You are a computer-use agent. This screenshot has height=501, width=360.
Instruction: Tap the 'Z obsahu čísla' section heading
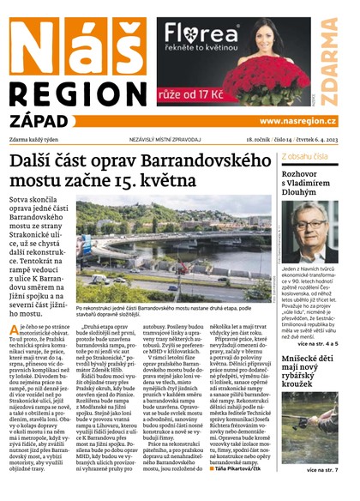pyautogui.click(x=306, y=157)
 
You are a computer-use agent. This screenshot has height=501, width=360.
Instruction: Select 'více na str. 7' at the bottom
pyautogui.click(x=333, y=470)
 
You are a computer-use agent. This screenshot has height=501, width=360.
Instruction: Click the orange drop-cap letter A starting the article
pyautogui.click(x=15, y=333)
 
